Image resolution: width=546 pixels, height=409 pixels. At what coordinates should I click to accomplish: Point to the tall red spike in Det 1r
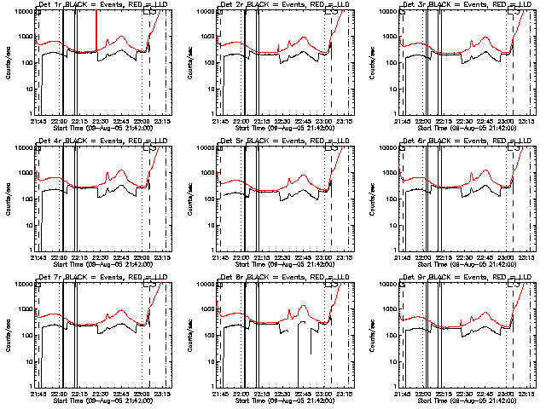click(96, 34)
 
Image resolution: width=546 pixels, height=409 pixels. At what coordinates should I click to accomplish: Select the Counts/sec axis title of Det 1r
click(6, 63)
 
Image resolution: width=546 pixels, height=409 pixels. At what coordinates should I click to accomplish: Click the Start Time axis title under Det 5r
click(282, 262)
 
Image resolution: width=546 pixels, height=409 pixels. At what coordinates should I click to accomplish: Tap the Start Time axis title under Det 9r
click(464, 399)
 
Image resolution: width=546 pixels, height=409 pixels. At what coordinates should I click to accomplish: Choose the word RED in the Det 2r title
click(304, 5)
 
